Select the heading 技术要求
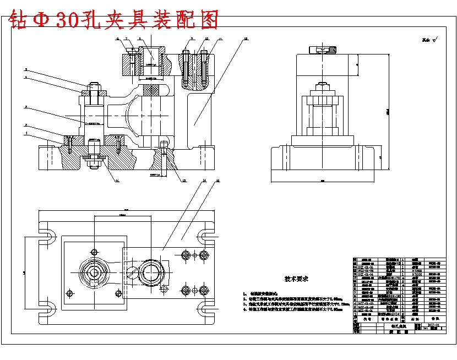[x=296, y=279]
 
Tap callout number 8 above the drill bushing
[x=140, y=39]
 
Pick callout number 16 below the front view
[x=117, y=180]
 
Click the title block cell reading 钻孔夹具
[x=391, y=325]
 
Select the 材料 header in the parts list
[x=415, y=319]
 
